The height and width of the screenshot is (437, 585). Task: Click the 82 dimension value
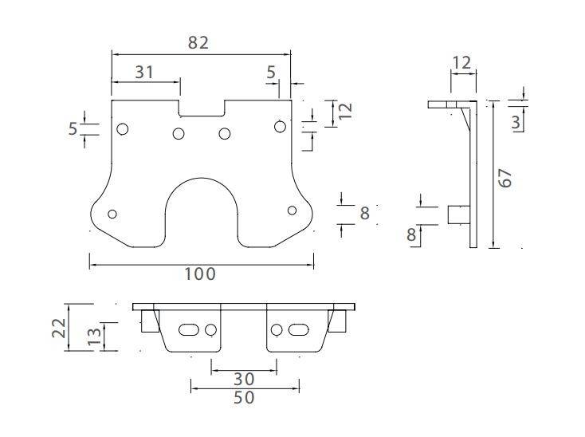point(198,43)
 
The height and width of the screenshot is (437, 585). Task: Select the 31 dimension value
point(143,72)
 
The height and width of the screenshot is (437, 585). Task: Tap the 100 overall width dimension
point(199,274)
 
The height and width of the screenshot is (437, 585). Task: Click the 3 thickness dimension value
point(517,121)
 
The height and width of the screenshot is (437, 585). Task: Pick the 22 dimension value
point(58,328)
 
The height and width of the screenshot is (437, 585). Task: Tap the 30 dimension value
point(244,378)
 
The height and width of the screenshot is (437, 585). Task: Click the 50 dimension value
point(244,396)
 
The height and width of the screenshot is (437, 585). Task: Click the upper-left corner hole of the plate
point(123,129)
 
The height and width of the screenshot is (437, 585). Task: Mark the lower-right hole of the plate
point(292,211)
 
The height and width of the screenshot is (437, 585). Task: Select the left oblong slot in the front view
point(190,329)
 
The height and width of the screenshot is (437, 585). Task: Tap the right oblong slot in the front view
point(299,329)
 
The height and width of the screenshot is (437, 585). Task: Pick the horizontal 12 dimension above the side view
point(462,62)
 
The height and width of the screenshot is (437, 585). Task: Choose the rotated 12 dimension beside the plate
point(345,111)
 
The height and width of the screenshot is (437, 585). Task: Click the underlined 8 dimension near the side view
point(413,235)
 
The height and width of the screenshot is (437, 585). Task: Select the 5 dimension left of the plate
point(73,128)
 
